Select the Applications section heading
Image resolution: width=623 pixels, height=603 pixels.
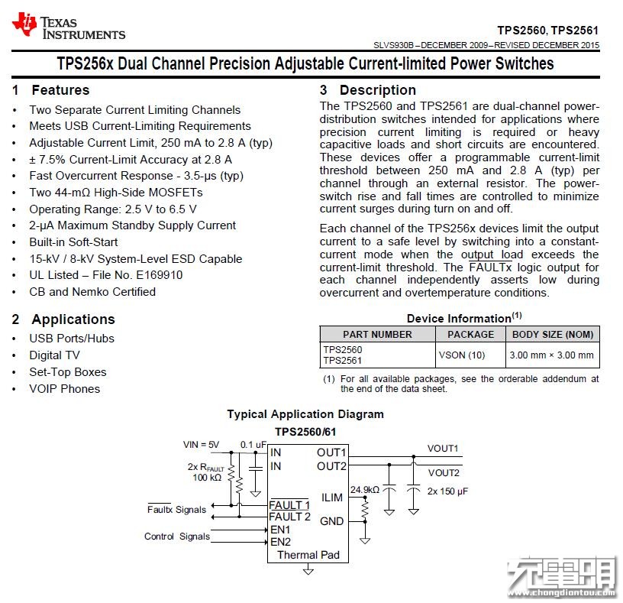tap(73, 319)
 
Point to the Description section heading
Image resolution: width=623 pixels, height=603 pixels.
tap(377, 90)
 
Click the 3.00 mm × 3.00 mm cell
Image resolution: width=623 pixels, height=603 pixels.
tap(553, 355)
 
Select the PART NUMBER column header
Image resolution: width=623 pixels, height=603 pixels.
tap(377, 334)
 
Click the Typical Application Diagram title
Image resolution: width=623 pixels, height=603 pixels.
tap(305, 414)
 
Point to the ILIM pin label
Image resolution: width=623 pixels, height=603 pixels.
tap(332, 498)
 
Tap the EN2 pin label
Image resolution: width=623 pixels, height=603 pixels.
tap(280, 542)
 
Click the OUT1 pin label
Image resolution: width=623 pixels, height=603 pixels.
tap(331, 452)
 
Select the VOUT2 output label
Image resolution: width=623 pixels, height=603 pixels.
tap(443, 472)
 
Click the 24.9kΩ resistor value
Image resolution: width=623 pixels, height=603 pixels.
tap(365, 490)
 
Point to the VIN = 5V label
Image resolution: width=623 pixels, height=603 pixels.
tap(201, 445)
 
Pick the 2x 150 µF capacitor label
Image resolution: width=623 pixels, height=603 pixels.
tap(447, 491)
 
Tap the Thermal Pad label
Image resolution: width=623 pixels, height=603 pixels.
tap(308, 555)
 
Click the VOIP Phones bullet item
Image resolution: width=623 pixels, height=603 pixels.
tap(64, 388)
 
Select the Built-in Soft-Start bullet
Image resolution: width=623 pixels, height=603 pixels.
tap(73, 242)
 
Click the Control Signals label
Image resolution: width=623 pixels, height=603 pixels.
tap(177, 537)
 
